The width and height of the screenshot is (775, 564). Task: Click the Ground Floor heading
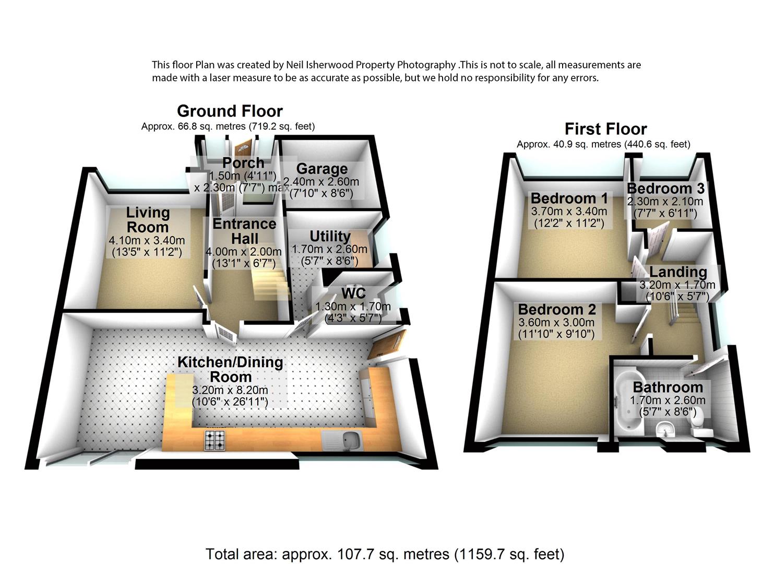[230, 111]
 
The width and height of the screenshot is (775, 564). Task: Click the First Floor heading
[605, 129]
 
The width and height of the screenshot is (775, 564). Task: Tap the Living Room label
[148, 220]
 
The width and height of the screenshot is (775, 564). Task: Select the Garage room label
[322, 169]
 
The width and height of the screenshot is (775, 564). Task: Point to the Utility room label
[330, 237]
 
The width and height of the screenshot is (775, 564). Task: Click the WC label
[353, 293]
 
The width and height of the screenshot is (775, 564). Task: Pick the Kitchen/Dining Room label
[230, 369]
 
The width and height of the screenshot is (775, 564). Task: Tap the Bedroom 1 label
[569, 198]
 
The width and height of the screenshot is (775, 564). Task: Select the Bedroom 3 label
[665, 188]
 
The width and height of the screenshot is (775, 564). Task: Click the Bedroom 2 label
[556, 309]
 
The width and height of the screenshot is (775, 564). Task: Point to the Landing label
[678, 272]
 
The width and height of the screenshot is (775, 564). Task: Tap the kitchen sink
[349, 441]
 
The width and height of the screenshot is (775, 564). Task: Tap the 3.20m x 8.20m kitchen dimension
[230, 390]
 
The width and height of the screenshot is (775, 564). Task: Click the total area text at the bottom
[385, 554]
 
